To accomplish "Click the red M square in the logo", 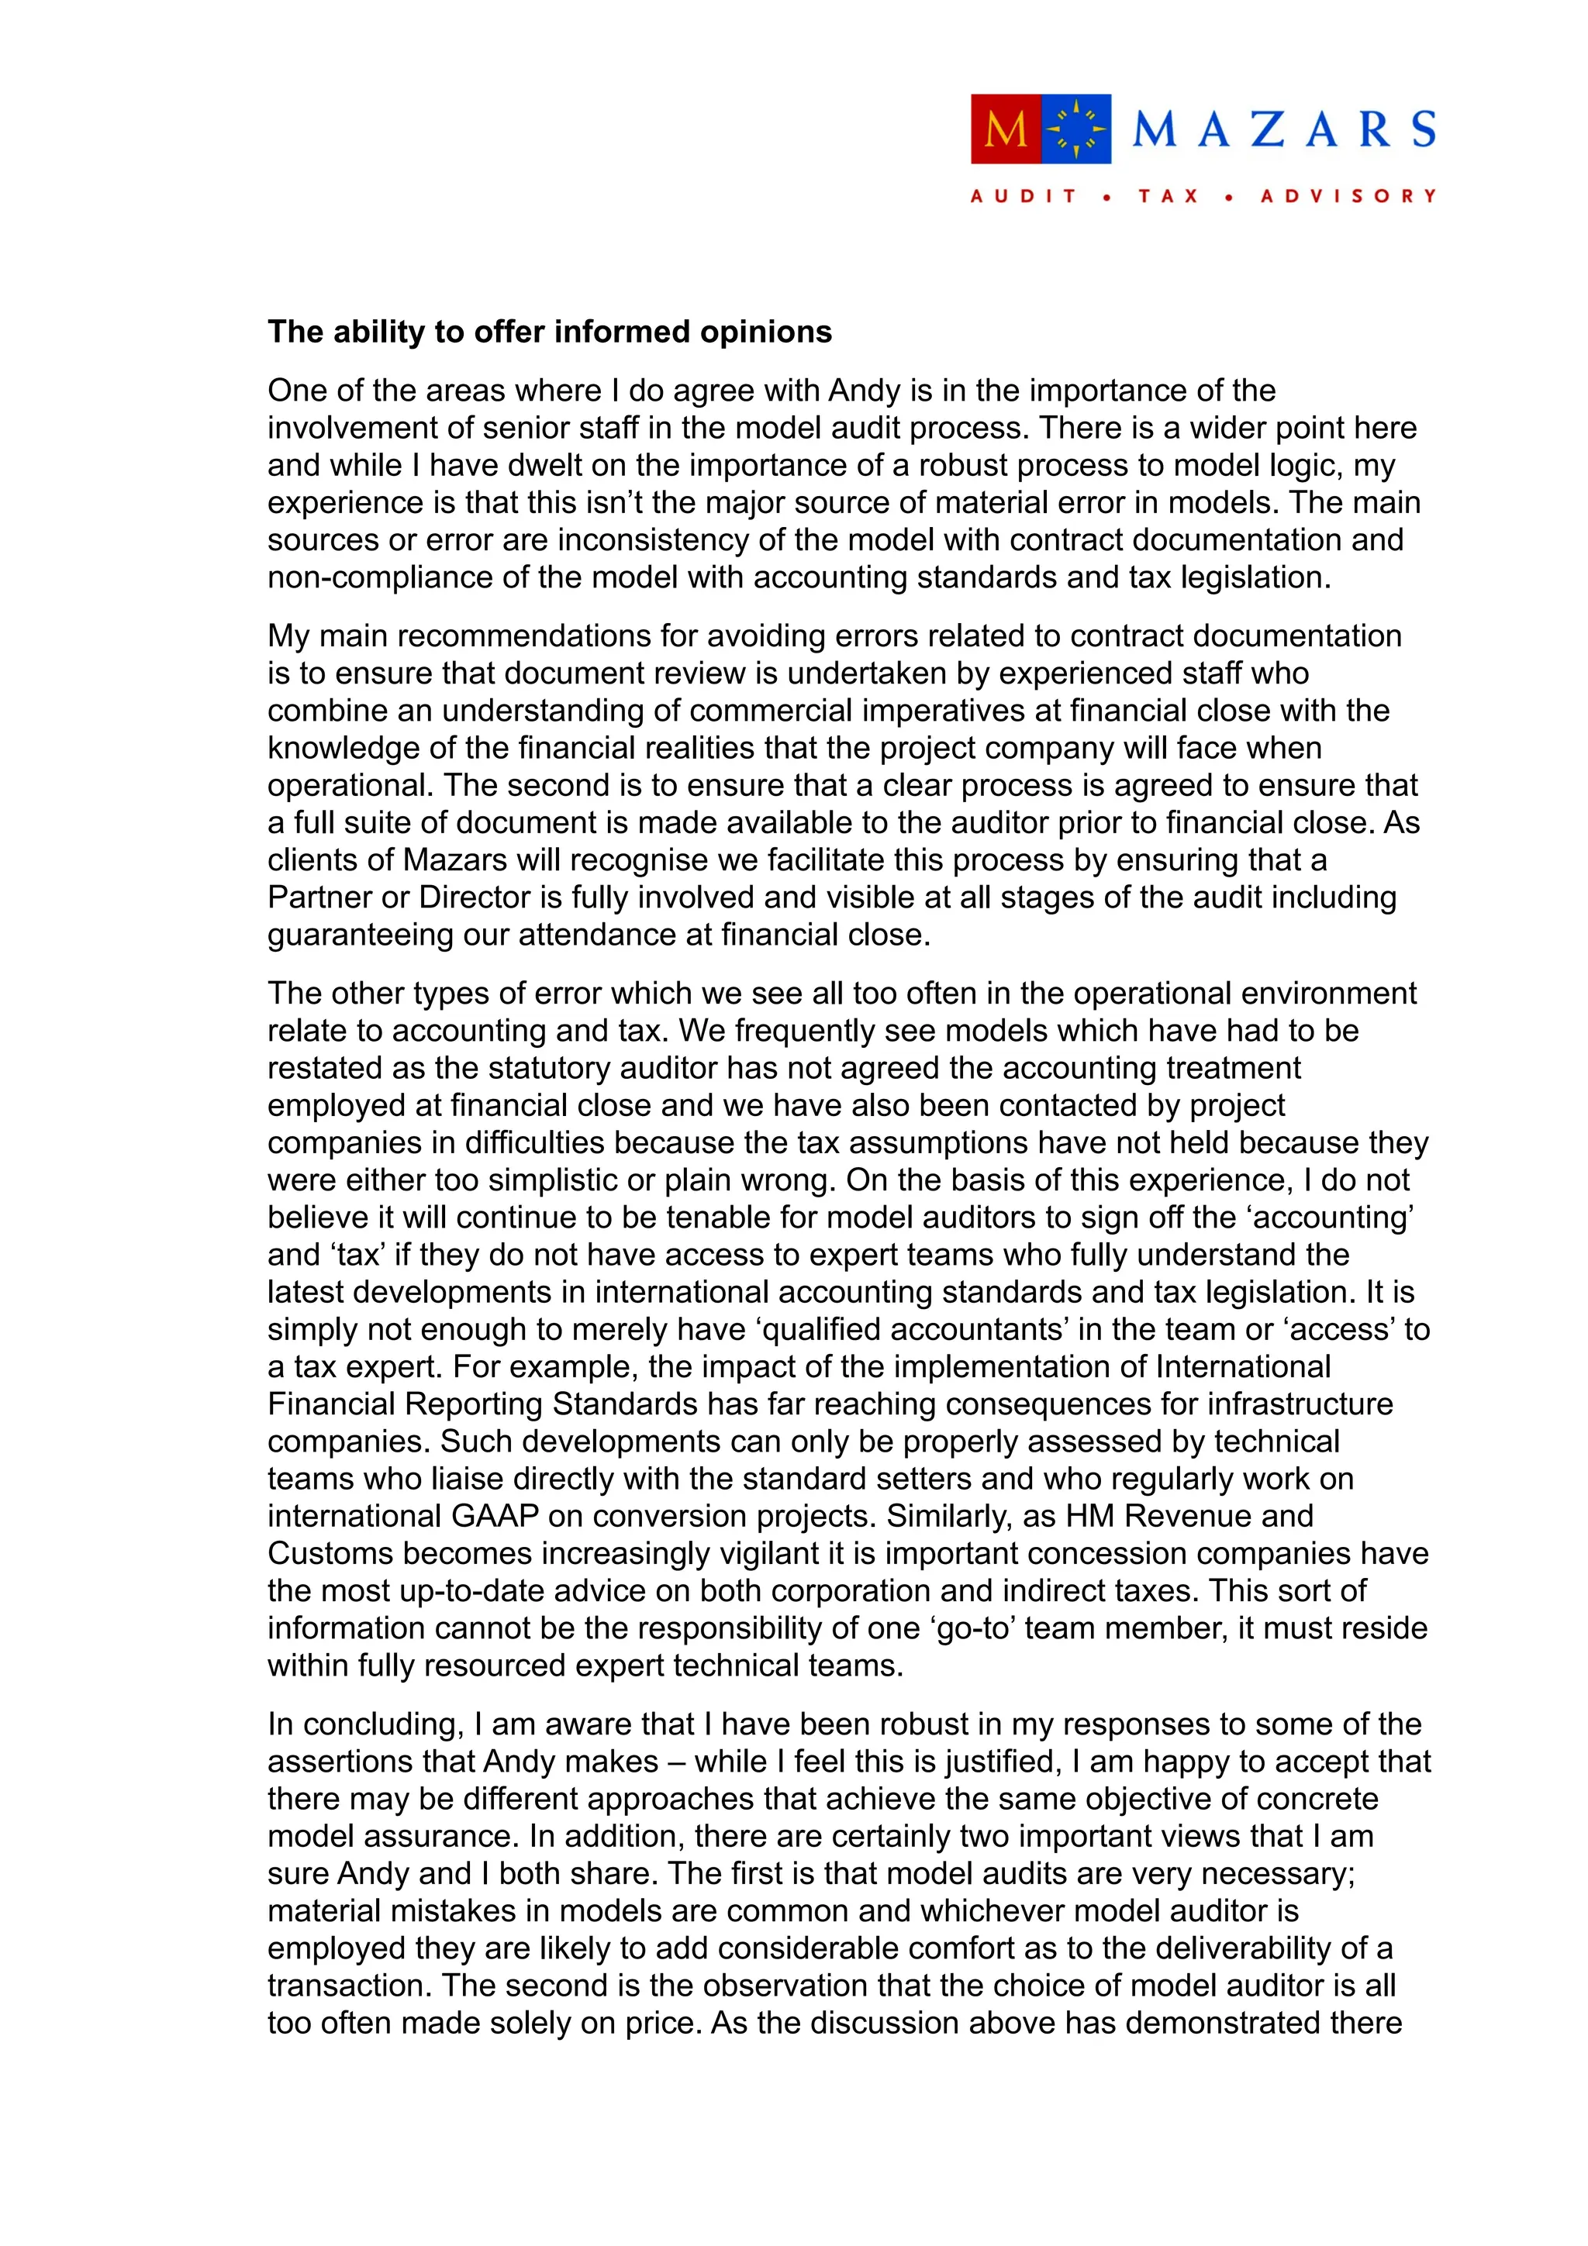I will [1005, 129].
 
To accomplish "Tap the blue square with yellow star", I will [1076, 129].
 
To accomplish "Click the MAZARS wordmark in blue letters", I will [1284, 130].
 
